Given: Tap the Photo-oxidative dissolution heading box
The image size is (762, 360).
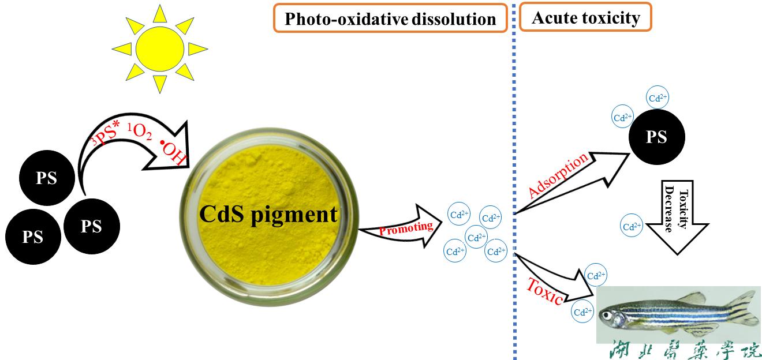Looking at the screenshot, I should coord(390,19).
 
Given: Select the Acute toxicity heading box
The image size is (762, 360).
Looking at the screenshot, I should coord(585,17).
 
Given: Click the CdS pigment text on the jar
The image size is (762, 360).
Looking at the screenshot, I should coord(268,214).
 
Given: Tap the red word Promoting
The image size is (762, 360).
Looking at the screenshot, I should coord(406,228).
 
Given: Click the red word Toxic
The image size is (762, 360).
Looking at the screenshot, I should coord(546,291).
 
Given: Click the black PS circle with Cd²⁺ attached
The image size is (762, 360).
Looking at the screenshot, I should coord(656,138).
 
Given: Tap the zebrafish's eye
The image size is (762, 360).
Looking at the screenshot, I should coord(606,315).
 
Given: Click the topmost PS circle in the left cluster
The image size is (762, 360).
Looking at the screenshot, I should coord(47,178).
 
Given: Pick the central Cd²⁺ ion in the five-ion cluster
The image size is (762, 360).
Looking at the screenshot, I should coord(476,237).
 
